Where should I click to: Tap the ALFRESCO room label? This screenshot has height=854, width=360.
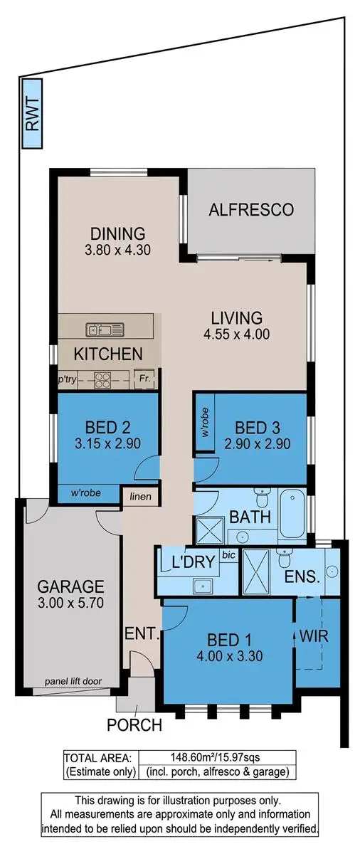click(x=251, y=209)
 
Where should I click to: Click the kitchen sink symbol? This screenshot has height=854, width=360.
click(x=105, y=329)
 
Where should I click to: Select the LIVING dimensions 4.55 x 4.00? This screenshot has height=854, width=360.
click(x=237, y=334)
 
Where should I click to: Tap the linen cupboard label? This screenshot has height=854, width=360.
click(x=140, y=496)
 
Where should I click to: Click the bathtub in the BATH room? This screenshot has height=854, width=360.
click(x=292, y=513)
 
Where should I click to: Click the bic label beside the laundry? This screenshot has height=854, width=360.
click(x=228, y=554)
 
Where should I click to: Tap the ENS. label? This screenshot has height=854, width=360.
click(x=302, y=577)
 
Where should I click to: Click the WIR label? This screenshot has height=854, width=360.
click(x=314, y=636)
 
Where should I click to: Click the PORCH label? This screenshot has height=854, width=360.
click(x=134, y=726)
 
